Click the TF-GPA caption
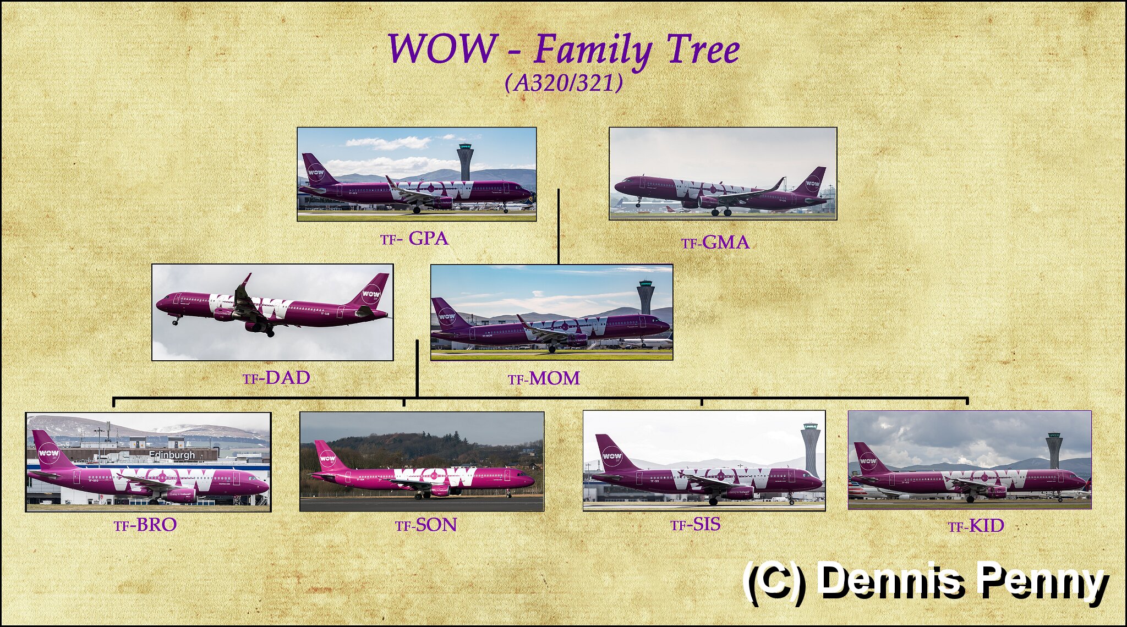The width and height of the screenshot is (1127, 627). [x=414, y=239]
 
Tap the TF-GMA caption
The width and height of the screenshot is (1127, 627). [x=715, y=243]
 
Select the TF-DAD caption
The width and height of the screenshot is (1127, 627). [x=276, y=378]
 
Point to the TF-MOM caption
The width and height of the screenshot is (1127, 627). [x=544, y=378]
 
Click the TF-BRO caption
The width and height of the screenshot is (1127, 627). [x=145, y=525]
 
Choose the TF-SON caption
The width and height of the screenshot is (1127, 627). [x=426, y=525]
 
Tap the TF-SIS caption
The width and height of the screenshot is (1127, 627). [x=696, y=524]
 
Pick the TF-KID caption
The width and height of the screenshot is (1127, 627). [x=976, y=526]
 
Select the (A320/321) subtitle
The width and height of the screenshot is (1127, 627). [x=564, y=83]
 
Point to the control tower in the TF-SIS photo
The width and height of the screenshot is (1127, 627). [x=811, y=449]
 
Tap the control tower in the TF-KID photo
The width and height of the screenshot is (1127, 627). [x=1053, y=449]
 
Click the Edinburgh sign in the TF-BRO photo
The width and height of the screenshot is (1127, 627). [x=172, y=455]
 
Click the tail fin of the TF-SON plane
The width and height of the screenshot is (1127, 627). [x=329, y=455]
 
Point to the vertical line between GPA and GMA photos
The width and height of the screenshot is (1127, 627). [x=559, y=227]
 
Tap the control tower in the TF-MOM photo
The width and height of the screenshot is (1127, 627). [x=645, y=297]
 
